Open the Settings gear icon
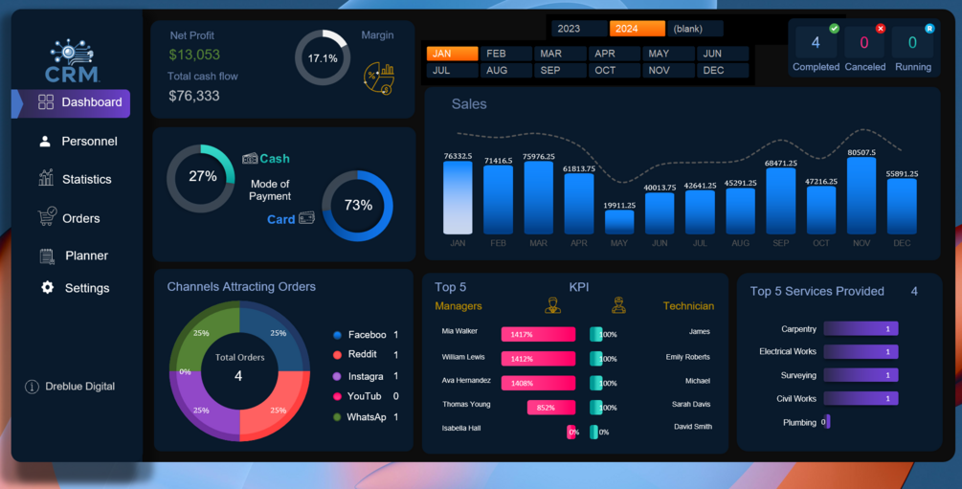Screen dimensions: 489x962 pyautogui.click(x=47, y=288)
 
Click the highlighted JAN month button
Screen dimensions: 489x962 pyautogui.click(x=452, y=54)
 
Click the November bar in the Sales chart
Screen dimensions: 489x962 pyautogui.click(x=861, y=196)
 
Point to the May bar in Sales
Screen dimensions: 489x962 pyautogui.click(x=619, y=222)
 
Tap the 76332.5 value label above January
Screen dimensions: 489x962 pyautogui.click(x=458, y=156)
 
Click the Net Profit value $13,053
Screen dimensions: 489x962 pyautogui.click(x=194, y=56)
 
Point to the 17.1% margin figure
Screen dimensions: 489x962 pyautogui.click(x=322, y=58)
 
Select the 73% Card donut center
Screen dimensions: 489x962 pyautogui.click(x=357, y=206)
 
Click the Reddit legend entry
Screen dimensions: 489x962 pyautogui.click(x=363, y=355)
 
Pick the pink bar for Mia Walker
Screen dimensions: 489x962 pyautogui.click(x=538, y=334)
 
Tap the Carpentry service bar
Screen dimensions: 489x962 pyautogui.click(x=861, y=329)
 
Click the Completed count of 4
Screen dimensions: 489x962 pyautogui.click(x=816, y=43)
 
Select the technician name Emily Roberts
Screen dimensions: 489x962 pyautogui.click(x=687, y=357)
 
